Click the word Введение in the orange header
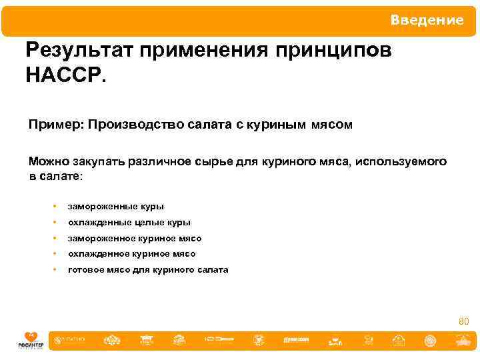(x=427, y=20)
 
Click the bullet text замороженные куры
(x=115, y=207)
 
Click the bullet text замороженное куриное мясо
(x=135, y=238)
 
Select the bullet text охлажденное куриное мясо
(x=131, y=254)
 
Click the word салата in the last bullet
(x=213, y=270)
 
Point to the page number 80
(x=464, y=323)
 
